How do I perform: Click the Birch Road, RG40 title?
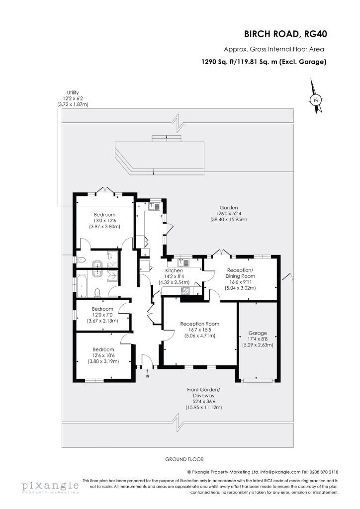coord(285,34)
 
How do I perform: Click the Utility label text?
coord(73,92)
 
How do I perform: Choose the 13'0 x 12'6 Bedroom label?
coord(104,220)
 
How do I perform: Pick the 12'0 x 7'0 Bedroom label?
coord(102,315)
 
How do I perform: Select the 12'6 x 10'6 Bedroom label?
coord(103,355)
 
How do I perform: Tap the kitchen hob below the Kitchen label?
coord(185,290)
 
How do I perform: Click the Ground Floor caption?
coord(184,459)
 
